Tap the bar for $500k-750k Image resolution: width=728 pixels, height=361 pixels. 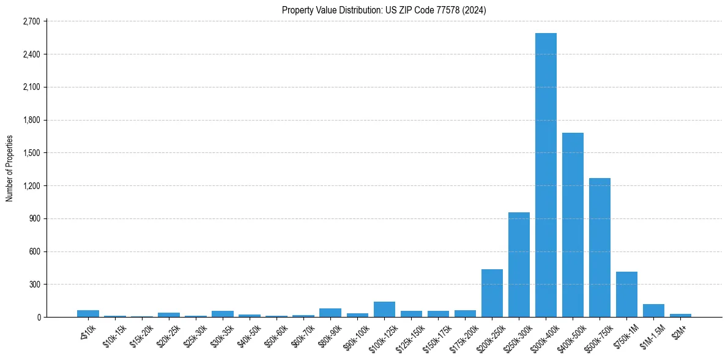pos(600,247)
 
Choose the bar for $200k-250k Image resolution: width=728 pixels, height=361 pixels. pos(492,293)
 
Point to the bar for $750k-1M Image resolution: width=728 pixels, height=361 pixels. pos(626,294)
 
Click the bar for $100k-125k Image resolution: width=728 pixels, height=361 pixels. pos(384,310)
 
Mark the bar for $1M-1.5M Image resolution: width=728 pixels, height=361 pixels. pos(653,311)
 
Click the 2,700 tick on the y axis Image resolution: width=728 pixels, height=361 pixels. pos(31,21)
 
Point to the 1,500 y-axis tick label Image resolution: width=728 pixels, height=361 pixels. pos(31,153)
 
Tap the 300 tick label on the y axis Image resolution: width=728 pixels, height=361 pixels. pos(34,285)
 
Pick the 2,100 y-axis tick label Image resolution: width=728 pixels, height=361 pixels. pos(31,87)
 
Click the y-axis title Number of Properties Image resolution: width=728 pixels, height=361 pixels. pos(9,169)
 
